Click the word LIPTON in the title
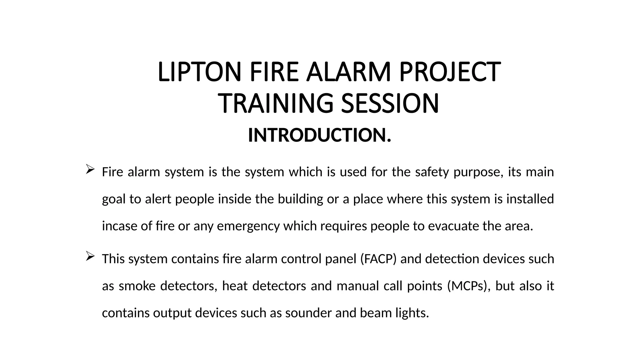coord(199,72)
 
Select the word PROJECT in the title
coord(450,72)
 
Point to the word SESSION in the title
coord(390,103)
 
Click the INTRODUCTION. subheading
coord(319,135)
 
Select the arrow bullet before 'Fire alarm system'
coord(90,169)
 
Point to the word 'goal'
coord(114,199)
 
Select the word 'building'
coord(300,199)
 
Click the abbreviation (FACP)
coord(378,259)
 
